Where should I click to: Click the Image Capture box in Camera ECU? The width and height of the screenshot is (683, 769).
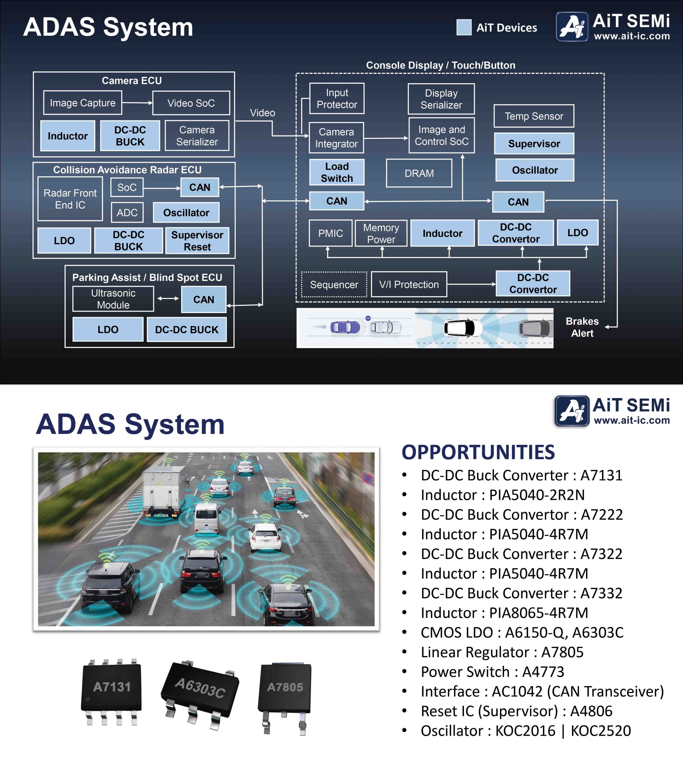pos(83,103)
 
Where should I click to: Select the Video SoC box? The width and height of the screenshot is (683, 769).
pos(191,103)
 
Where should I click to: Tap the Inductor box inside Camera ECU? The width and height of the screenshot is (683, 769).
pos(68,136)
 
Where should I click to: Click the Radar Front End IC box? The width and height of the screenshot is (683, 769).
pos(70,199)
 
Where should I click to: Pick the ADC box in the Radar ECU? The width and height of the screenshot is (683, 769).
pos(127,213)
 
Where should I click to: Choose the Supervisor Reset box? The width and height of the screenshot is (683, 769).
pos(197,241)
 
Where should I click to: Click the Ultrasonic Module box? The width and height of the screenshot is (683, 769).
pos(113,299)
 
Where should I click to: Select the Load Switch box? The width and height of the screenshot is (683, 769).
pos(337,172)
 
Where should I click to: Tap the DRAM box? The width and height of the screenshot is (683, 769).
pos(419,173)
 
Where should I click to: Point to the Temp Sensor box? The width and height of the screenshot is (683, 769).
pos(534,116)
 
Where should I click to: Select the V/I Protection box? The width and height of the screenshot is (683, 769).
pos(409,284)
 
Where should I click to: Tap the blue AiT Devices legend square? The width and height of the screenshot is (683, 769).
pos(464,27)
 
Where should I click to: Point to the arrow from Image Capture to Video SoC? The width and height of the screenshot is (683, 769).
pos(137,103)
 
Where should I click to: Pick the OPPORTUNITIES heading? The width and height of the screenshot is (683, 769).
pos(478,452)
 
